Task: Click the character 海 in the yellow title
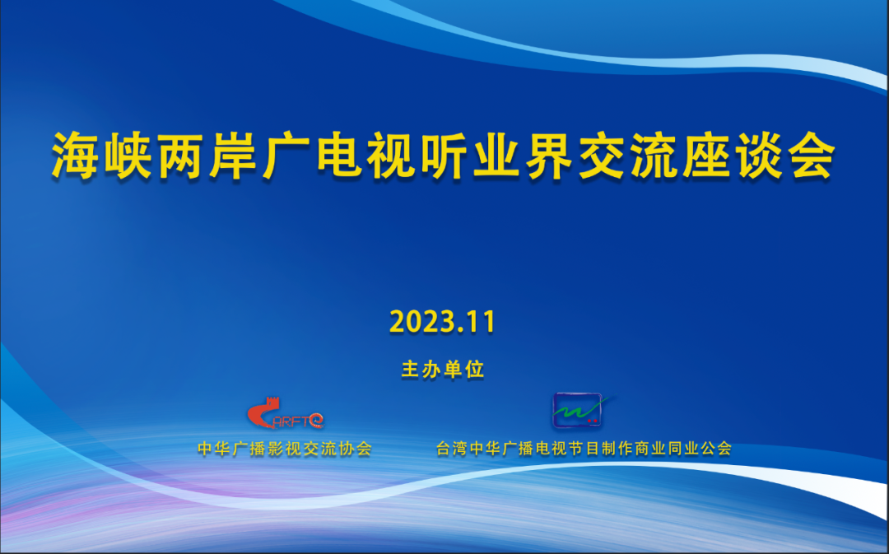click(x=75, y=156)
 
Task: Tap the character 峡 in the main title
click(x=128, y=156)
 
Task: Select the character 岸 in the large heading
click(x=233, y=156)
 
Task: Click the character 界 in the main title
click(x=549, y=156)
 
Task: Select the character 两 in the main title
click(x=180, y=156)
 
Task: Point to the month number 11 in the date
click(x=482, y=322)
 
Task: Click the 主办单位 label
click(x=443, y=369)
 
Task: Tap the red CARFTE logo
click(x=285, y=413)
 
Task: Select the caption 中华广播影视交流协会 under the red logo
click(x=285, y=449)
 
